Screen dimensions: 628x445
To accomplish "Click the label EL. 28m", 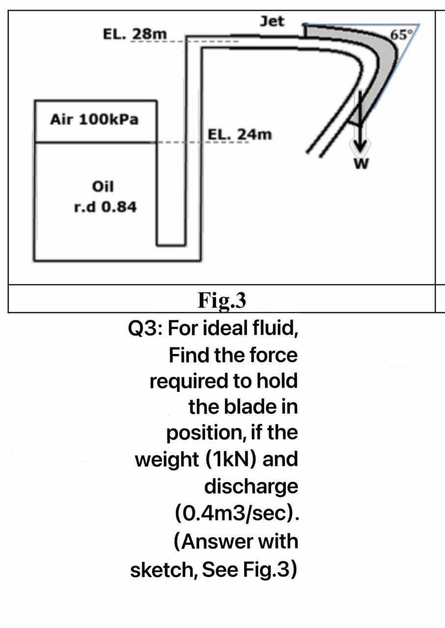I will [135, 35].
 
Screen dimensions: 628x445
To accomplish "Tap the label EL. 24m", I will [239, 134].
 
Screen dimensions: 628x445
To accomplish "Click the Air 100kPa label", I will [94, 119].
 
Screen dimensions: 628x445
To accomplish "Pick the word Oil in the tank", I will [103, 186].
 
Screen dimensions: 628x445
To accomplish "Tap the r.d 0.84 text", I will [105, 207].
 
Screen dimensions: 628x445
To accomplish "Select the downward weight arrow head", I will [360, 146].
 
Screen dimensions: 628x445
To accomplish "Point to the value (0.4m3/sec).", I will [236, 514].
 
